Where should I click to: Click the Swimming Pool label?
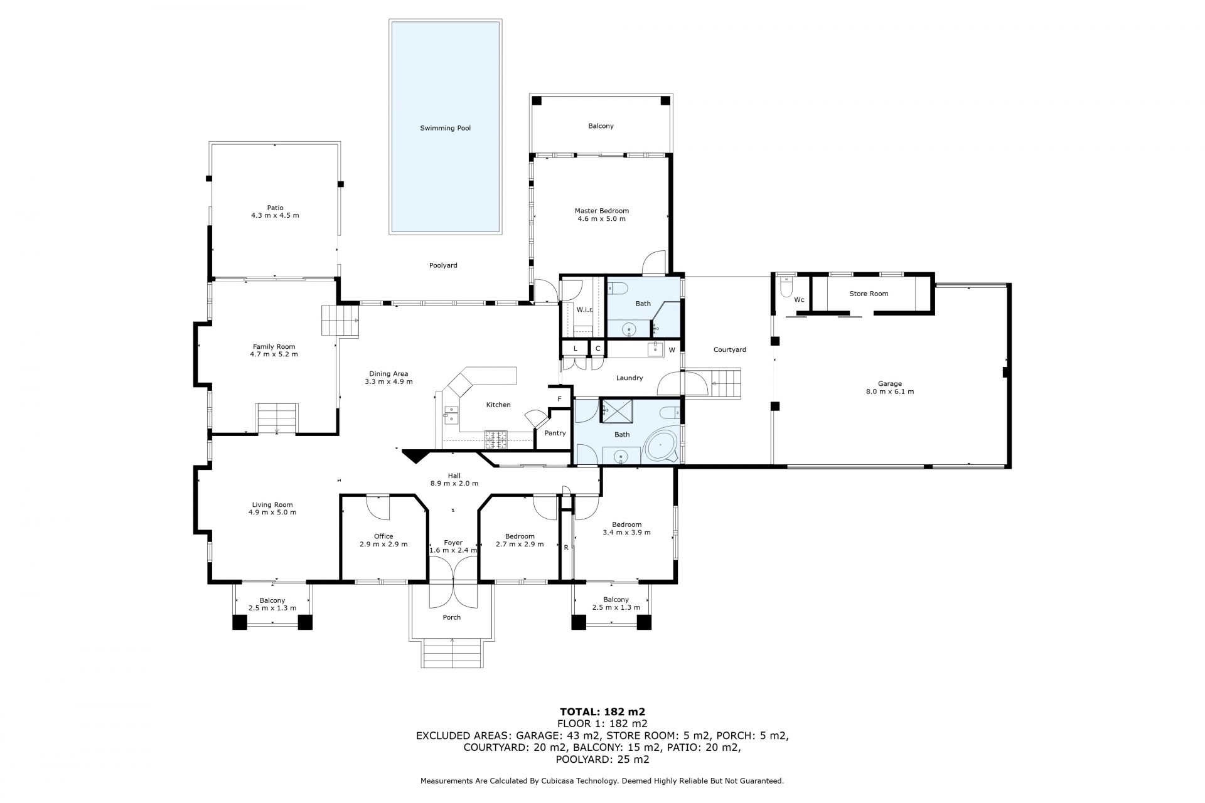445,128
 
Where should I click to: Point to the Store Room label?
869,294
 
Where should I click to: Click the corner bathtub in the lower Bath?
661,447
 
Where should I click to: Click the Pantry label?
555,433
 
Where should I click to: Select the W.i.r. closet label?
585,309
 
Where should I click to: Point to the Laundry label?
629,378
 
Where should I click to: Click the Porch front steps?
452,653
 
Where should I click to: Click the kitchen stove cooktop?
496,439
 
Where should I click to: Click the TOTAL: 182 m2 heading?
602,711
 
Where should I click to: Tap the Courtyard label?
730,349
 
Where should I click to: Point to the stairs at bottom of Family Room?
277,418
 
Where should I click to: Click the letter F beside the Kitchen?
559,398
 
